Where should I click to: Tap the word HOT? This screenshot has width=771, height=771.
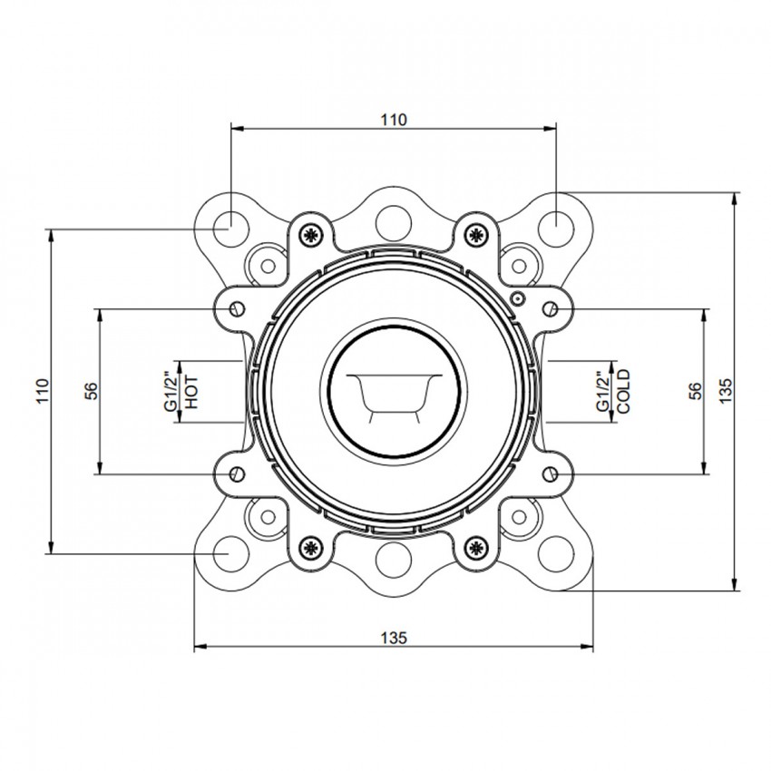(192, 392)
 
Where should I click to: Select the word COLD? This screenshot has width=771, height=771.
(623, 392)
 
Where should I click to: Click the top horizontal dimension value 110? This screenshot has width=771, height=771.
(394, 120)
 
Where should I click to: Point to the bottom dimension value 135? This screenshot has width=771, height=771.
(394, 638)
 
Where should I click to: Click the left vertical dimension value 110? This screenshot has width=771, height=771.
(44, 391)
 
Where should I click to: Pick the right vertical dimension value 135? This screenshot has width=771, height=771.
(726, 391)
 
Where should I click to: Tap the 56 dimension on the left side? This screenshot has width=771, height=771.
(92, 392)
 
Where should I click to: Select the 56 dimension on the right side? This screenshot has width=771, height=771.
(696, 392)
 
